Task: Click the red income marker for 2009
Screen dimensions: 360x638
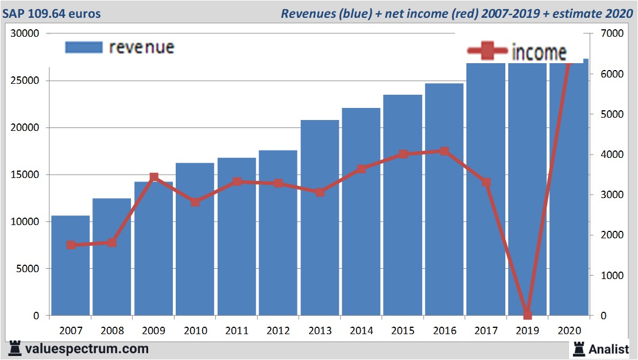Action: point(154,177)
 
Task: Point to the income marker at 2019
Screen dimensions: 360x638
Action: point(527,315)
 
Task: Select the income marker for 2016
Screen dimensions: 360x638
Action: point(444,152)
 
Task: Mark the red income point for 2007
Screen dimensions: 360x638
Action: point(71,245)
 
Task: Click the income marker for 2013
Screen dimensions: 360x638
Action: point(320,192)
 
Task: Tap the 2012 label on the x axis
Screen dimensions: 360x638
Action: point(279,331)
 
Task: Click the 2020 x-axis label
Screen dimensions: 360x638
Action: point(569,331)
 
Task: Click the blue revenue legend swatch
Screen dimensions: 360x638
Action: point(84,47)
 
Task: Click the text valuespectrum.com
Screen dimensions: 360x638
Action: point(87,349)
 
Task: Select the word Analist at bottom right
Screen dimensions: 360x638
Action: point(609,349)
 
